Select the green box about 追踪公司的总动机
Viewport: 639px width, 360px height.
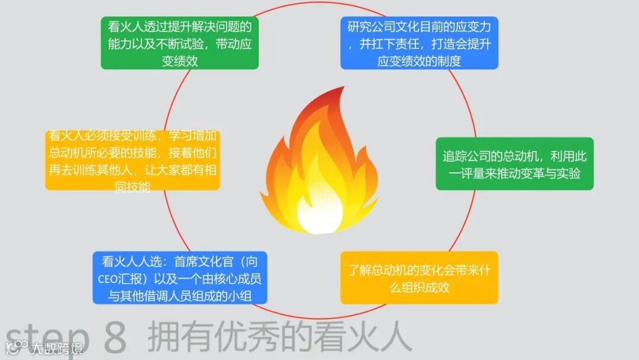tap(514, 164)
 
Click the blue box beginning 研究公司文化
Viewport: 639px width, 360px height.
tap(419, 43)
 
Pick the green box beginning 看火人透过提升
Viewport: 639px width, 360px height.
tap(180, 43)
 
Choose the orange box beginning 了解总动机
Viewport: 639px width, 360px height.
tap(419, 278)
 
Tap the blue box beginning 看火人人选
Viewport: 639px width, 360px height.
tap(180, 278)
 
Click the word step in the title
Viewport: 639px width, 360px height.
tap(44, 338)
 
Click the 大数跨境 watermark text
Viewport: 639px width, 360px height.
tap(57, 348)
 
